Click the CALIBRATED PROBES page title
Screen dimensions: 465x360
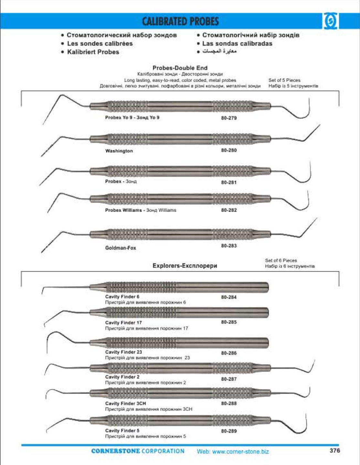(180, 21)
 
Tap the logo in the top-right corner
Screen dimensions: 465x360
(330, 22)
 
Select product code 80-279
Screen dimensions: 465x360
(229, 118)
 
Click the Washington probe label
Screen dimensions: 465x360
(119, 151)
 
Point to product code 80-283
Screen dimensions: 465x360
(229, 246)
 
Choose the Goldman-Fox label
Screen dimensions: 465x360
(121, 248)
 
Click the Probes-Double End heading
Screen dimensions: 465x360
(180, 68)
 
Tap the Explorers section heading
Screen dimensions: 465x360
(185, 266)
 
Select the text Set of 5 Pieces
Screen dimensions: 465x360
(284, 80)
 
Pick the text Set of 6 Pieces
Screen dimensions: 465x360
(281, 260)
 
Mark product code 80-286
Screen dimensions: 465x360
(229, 353)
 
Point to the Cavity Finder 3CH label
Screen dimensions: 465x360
(125, 403)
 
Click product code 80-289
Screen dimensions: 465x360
(229, 431)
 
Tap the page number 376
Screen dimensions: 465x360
(335, 450)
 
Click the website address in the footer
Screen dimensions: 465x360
(233, 451)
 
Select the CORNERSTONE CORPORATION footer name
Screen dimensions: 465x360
(138, 451)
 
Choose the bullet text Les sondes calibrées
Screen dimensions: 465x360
(100, 43)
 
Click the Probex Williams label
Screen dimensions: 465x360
(123, 210)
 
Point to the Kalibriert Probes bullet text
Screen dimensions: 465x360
(93, 52)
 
